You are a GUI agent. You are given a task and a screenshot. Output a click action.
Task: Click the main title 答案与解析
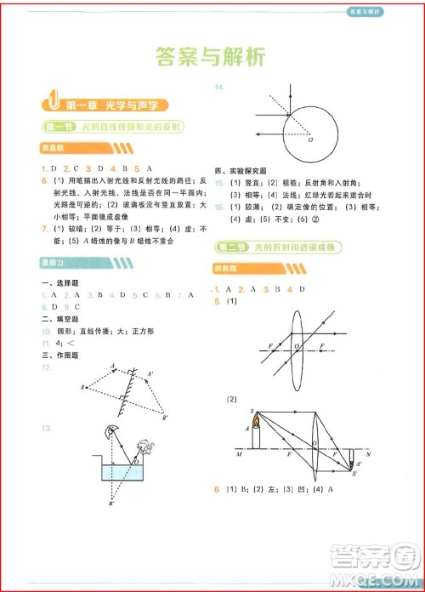click(212, 56)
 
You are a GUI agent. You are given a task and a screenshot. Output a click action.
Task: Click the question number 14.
click(219, 87)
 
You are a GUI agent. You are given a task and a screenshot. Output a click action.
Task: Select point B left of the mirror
click(82, 388)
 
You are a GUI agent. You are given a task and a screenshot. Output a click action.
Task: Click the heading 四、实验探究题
click(241, 170)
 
